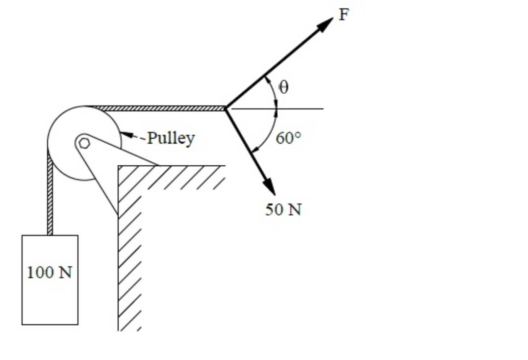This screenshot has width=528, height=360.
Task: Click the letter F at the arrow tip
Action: (x=344, y=15)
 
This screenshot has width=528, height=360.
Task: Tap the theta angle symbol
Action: (x=283, y=87)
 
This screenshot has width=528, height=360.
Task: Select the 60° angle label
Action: (x=288, y=138)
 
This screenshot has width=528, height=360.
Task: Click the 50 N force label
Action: (x=283, y=209)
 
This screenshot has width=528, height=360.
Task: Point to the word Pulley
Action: (x=171, y=138)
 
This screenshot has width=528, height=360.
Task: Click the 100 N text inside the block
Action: (x=50, y=272)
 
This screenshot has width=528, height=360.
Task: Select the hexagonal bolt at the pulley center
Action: (x=84, y=143)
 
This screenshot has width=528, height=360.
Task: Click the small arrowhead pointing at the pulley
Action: (x=126, y=134)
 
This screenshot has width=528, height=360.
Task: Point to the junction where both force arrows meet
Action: (x=225, y=108)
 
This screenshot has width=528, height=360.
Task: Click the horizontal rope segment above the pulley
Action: (x=157, y=108)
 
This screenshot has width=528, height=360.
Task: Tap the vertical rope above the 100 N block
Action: (x=50, y=196)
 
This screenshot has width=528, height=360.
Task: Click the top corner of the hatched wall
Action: (x=119, y=167)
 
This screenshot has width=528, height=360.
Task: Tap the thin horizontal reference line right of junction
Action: (x=304, y=108)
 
